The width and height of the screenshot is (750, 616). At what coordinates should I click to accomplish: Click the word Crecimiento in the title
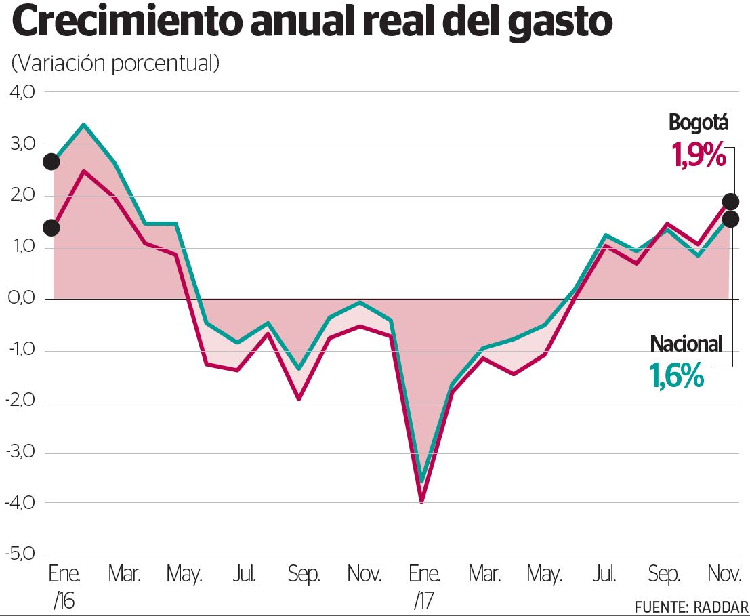pyautogui.click(x=126, y=23)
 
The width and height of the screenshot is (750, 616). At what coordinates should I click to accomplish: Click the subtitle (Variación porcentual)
pyautogui.click(x=115, y=63)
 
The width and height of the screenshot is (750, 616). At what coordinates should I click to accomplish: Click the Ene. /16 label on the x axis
pyautogui.click(x=64, y=587)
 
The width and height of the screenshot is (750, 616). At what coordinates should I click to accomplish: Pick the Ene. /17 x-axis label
pyautogui.click(x=425, y=587)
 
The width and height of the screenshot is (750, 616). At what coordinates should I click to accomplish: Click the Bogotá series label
pyautogui.click(x=698, y=123)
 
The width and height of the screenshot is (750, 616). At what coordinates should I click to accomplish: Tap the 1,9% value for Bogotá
pyautogui.click(x=698, y=155)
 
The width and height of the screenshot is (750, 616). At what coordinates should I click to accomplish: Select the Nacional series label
pyautogui.click(x=686, y=344)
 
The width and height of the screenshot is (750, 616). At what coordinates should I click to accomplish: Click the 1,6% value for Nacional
pyautogui.click(x=677, y=376)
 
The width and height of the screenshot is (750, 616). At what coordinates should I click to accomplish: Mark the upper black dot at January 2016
pyautogui.click(x=51, y=161)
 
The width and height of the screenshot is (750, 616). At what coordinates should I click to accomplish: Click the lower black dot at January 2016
pyautogui.click(x=51, y=228)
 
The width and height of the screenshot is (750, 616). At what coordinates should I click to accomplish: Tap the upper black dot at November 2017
pyautogui.click(x=730, y=201)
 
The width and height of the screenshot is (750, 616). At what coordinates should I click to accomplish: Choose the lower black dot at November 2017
pyautogui.click(x=730, y=219)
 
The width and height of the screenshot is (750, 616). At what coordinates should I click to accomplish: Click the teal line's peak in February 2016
pyautogui.click(x=83, y=125)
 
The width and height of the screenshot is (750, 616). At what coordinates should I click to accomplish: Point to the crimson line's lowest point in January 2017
pyautogui.click(x=421, y=501)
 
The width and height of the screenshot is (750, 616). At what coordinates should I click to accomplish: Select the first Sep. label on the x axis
pyautogui.click(x=304, y=575)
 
